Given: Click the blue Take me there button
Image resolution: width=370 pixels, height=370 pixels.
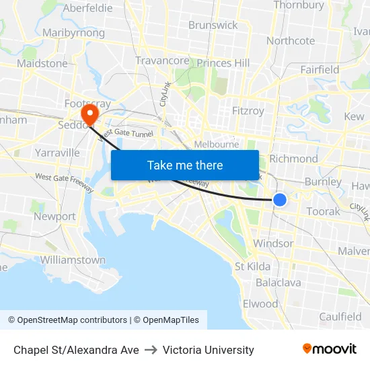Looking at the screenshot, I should click(x=185, y=165).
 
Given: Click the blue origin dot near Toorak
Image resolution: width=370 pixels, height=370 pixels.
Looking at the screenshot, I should click(x=280, y=200).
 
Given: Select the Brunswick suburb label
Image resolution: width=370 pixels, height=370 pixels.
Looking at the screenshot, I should click(x=213, y=25).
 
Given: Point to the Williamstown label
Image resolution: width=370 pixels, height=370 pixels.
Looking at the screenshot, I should click(x=73, y=260).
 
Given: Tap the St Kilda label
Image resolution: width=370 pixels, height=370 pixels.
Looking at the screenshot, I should click(x=252, y=266).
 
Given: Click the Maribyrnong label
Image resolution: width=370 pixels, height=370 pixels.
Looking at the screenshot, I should click(x=73, y=32).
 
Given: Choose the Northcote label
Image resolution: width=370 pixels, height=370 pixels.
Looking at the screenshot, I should click(x=291, y=40).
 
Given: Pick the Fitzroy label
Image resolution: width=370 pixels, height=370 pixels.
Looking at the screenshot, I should click(x=248, y=111).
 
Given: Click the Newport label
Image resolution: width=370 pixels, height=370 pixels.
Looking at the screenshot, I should click(x=54, y=217).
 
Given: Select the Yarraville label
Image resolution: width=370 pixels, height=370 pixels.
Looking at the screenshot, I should click(x=57, y=153).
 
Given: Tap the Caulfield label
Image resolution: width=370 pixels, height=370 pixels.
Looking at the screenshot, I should click(x=340, y=316).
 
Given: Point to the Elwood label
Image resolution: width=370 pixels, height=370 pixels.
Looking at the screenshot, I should click(x=260, y=303).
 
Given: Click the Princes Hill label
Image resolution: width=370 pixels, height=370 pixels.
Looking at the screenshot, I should click(x=223, y=63).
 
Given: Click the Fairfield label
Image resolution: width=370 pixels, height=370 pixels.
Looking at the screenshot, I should click(x=320, y=69).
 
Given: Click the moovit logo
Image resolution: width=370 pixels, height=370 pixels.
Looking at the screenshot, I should click(x=330, y=349).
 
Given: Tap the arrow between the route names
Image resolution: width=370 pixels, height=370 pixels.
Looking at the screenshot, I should click(x=151, y=350).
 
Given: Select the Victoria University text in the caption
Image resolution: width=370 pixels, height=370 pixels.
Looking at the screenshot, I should click(x=209, y=350).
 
